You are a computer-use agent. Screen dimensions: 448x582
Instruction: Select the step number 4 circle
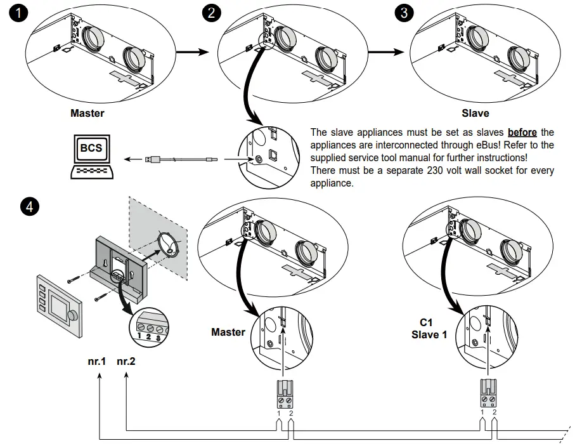pyautogui.click(x=29, y=206)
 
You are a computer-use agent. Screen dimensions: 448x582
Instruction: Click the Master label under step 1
pyautogui.click(x=87, y=114)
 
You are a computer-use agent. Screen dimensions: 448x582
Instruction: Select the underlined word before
pyautogui.click(x=522, y=133)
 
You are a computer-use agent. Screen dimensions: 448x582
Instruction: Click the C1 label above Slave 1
pyautogui.click(x=427, y=322)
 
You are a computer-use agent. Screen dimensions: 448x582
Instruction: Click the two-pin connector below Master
pyautogui.click(x=284, y=395)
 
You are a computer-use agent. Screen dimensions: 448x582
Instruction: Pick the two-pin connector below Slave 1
pyautogui.click(x=488, y=395)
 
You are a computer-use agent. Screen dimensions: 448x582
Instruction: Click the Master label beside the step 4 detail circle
pyautogui.click(x=228, y=333)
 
